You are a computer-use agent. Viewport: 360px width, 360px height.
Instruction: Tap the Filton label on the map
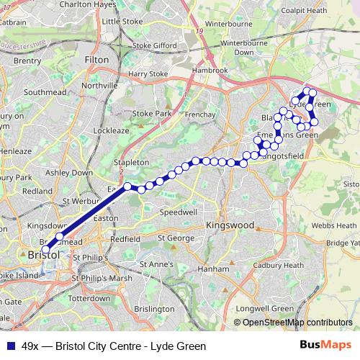coord(96,60)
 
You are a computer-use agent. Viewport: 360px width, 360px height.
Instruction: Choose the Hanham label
coord(214,269)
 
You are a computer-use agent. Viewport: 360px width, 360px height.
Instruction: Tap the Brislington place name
coord(153,308)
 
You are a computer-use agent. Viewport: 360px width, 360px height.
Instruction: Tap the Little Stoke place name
coord(122,22)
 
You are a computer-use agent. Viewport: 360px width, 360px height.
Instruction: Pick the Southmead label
coord(45,92)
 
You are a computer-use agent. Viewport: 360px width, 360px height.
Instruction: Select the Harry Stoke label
coord(148,73)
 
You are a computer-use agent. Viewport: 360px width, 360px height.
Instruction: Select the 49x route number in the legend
coord(30,346)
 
